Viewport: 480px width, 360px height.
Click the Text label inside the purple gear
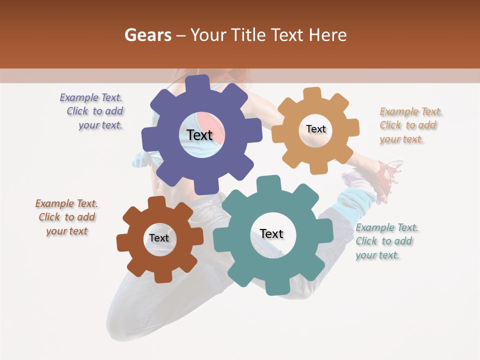199,135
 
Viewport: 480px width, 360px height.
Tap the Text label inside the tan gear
315,129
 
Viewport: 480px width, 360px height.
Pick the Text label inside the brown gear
159,238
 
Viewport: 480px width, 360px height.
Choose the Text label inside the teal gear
271,233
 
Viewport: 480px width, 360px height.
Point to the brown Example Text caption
67,217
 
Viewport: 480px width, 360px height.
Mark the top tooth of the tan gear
312,94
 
